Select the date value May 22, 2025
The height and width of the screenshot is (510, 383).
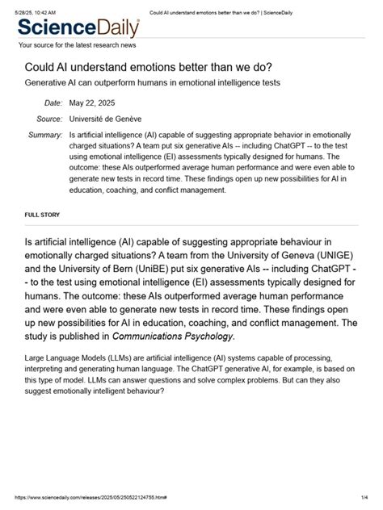tap(93, 102)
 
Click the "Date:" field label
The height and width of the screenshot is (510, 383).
tap(53, 102)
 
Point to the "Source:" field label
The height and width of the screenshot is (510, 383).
tap(49, 119)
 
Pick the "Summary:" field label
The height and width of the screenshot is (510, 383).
tap(45, 135)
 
